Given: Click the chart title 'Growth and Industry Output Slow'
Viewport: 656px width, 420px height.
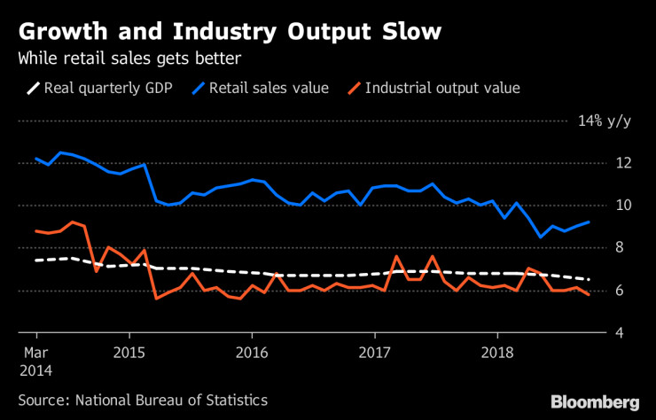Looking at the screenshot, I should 229,33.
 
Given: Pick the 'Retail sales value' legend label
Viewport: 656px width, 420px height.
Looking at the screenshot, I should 269,88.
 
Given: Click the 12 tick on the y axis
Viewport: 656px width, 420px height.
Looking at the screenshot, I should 623,163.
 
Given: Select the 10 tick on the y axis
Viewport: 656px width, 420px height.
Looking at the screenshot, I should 623,206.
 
